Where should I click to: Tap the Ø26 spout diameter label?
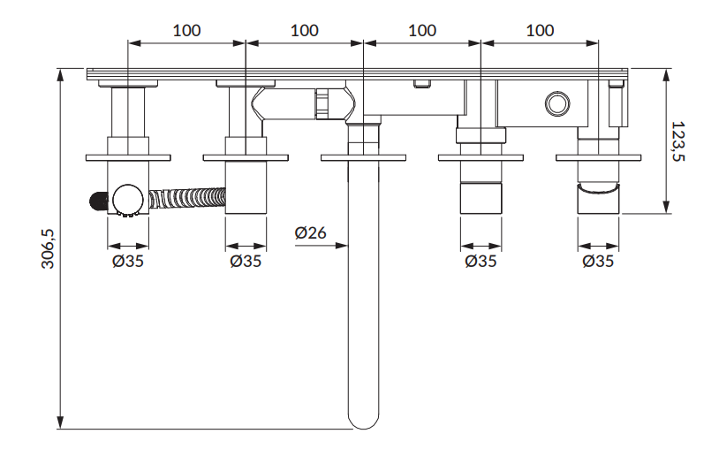(310, 233)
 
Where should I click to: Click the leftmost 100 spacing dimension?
(186, 30)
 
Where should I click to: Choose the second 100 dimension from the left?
(304, 30)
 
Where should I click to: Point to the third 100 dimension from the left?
(421, 30)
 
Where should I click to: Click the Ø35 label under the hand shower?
(128, 261)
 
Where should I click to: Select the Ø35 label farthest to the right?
(599, 261)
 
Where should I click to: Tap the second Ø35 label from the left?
(246, 261)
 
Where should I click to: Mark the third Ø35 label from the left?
(481, 261)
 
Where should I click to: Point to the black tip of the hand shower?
(95, 202)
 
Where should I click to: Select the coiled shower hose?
(187, 196)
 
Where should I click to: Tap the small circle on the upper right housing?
(556, 105)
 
